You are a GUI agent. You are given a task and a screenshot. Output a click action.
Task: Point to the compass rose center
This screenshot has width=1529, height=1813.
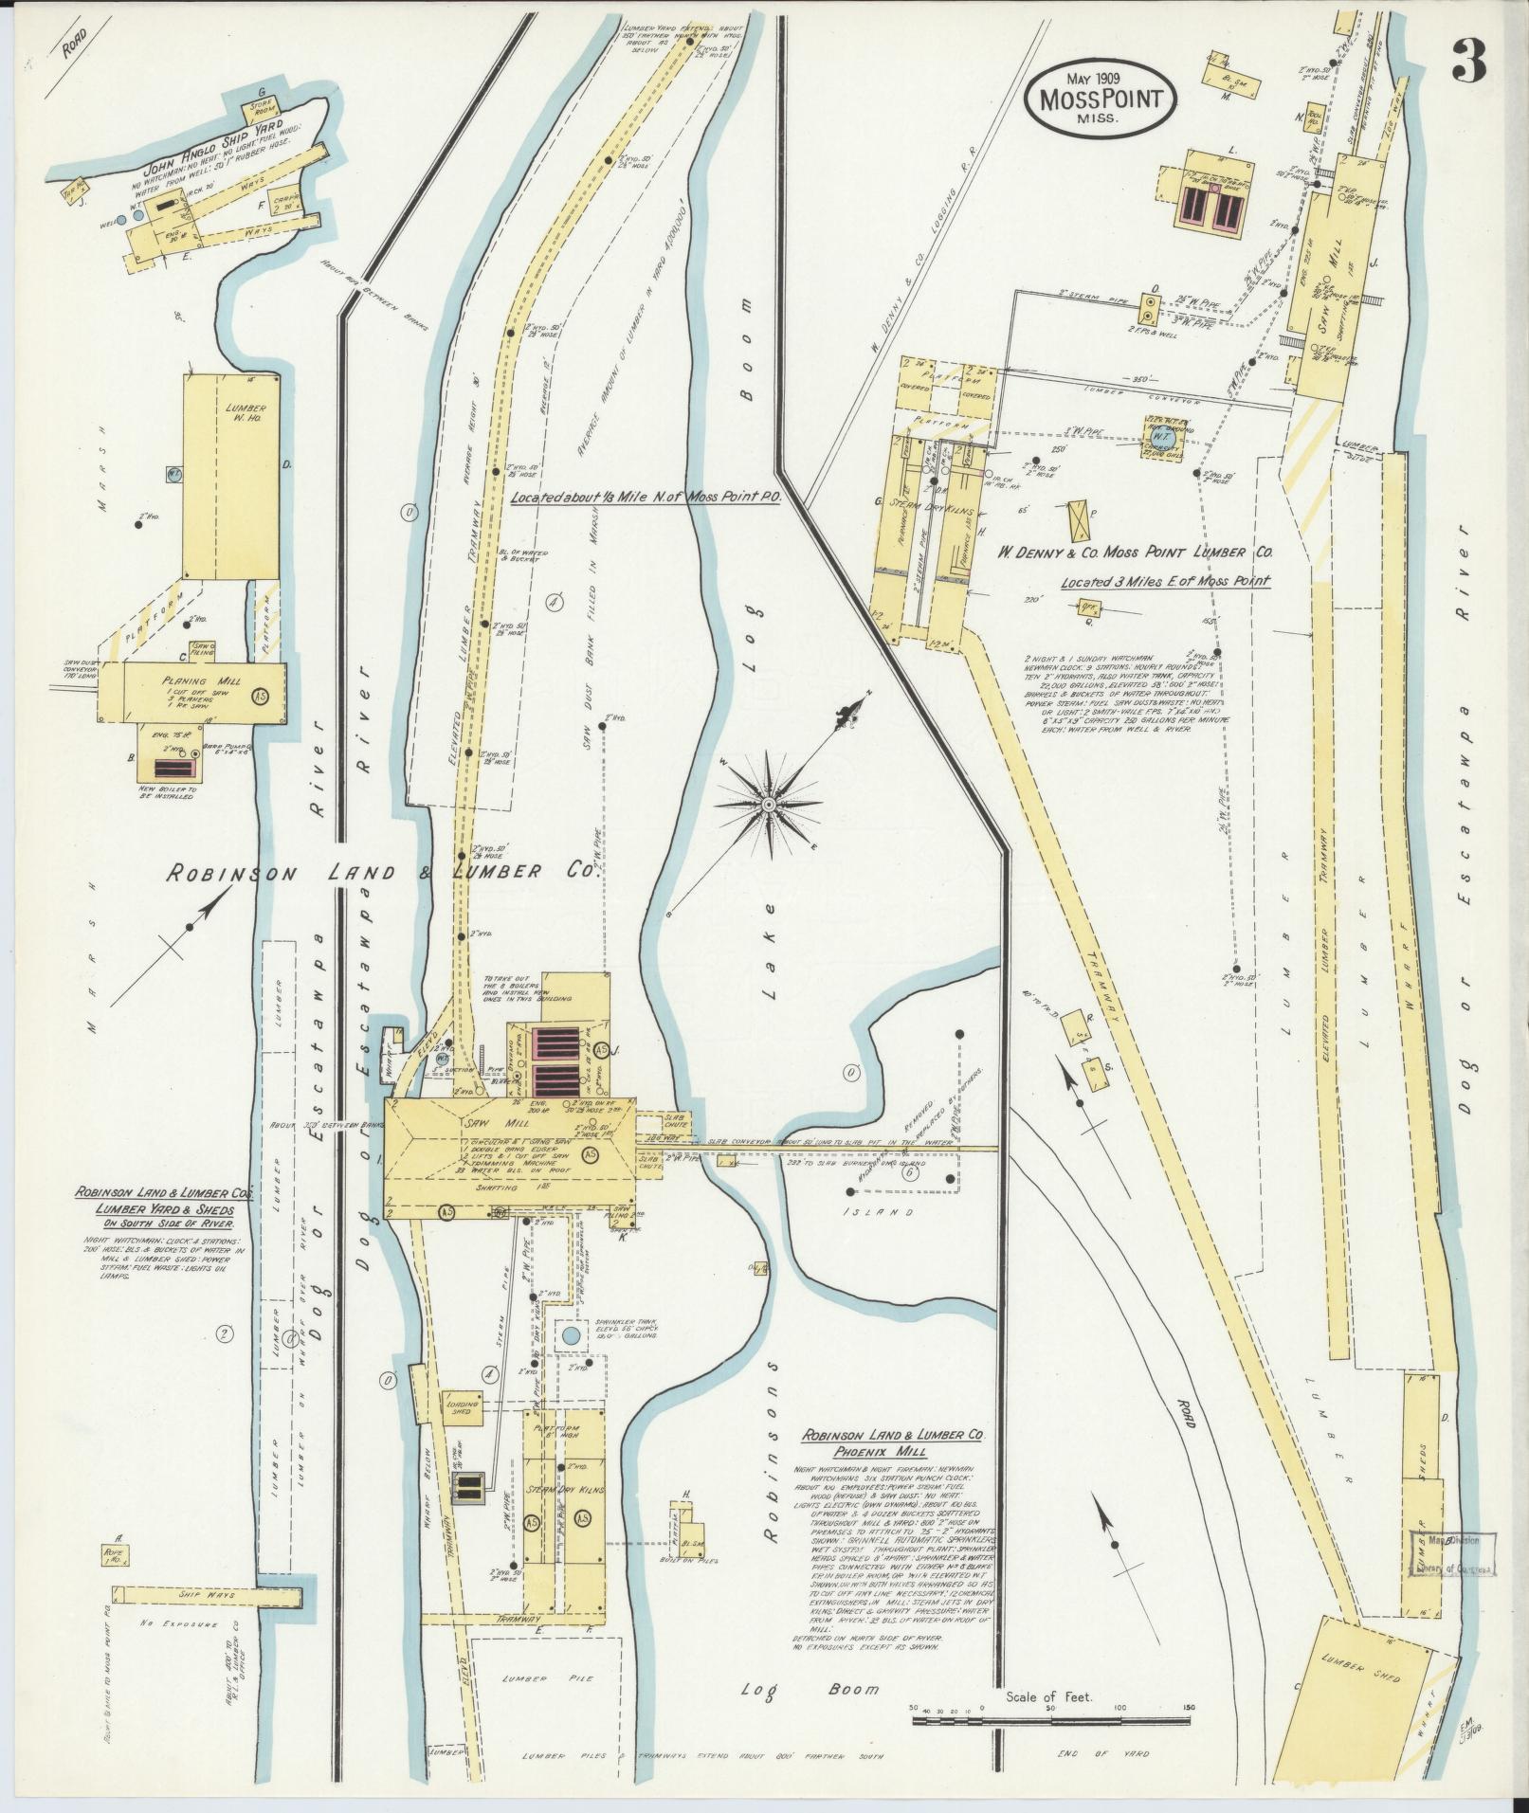(768, 805)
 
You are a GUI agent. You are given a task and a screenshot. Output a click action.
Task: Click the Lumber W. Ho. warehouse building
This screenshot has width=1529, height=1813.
(231, 474)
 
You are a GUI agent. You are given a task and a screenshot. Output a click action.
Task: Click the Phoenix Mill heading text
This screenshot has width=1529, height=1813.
(893, 1478)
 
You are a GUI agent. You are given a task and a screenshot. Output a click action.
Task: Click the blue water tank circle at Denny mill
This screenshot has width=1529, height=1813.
(1167, 439)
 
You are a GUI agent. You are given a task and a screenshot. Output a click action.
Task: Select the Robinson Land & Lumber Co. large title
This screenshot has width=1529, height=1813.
(379, 873)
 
